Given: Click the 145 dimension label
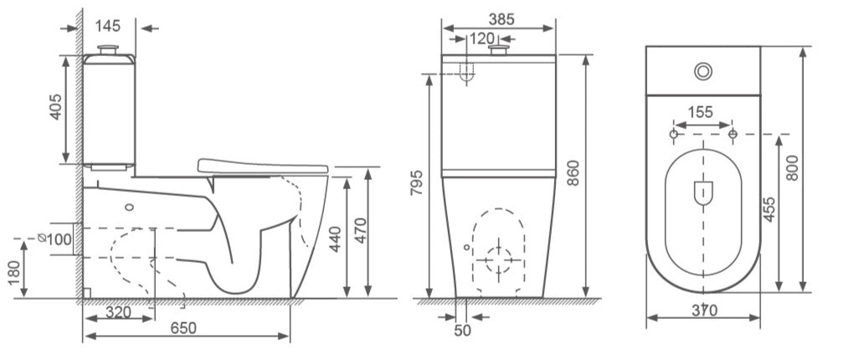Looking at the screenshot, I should [x=107, y=26].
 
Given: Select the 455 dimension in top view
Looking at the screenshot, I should [x=769, y=210].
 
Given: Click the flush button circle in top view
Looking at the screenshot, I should [x=702, y=72].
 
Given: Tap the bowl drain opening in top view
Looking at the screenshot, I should [x=702, y=193].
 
